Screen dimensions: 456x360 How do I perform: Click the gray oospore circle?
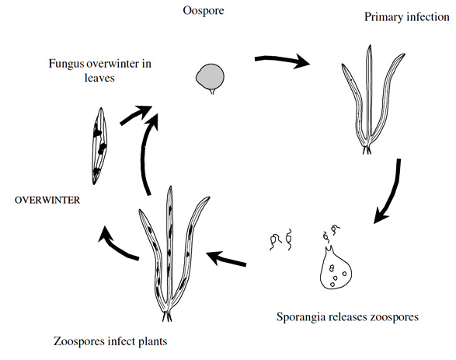tap(210, 77)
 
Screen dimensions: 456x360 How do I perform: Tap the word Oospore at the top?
tap(204, 11)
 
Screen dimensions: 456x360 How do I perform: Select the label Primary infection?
tap(407, 17)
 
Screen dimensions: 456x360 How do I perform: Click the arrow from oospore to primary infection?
tap(281, 61)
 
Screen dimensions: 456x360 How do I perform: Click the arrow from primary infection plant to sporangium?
tap(392, 192)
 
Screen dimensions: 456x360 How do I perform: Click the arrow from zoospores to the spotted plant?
tap(226, 258)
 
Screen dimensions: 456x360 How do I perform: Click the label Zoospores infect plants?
tap(110, 341)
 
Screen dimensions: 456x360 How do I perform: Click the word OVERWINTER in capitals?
tap(47, 201)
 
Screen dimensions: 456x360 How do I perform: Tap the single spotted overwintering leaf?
tap(99, 146)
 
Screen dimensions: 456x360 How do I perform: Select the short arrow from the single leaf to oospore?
tap(135, 115)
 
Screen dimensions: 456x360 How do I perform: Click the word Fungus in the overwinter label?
tap(66, 64)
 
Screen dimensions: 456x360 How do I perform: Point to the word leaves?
tap(99, 78)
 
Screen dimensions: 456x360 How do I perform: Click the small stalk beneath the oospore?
tap(213, 91)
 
